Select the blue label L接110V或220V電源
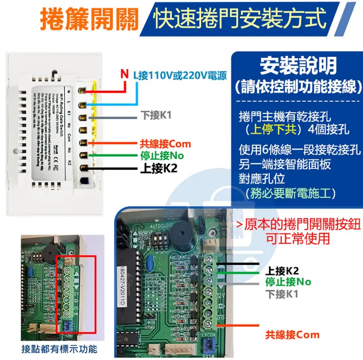(x=180, y=76)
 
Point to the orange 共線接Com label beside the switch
(x=165, y=144)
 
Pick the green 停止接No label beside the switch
(x=161, y=156)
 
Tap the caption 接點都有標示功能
(x=59, y=349)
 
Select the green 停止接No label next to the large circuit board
(x=288, y=282)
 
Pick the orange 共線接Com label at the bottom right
(x=292, y=335)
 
